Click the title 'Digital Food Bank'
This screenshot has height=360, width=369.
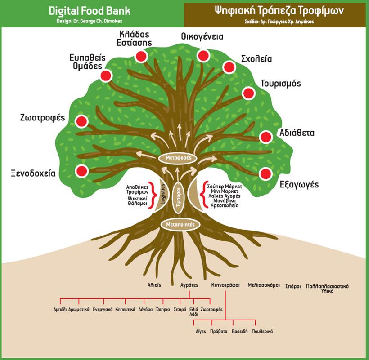90,11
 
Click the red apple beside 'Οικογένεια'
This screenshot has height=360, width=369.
203,55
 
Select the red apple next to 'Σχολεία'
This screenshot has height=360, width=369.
229,67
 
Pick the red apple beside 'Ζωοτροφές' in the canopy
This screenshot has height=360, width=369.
81,121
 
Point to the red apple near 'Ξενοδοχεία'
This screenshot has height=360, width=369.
81,171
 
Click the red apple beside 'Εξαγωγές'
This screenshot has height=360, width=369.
265,173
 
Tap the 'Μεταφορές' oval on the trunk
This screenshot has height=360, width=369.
178,158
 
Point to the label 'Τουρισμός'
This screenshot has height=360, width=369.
281,84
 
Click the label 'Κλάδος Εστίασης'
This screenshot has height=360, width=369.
135,38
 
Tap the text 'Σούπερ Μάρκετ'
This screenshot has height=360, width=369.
224,186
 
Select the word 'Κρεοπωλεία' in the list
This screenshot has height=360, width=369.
221,205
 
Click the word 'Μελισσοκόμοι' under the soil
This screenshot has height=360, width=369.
264,285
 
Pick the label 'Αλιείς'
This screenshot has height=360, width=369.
154,285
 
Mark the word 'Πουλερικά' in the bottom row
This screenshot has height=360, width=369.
262,331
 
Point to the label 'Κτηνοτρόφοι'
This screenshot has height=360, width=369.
225,285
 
